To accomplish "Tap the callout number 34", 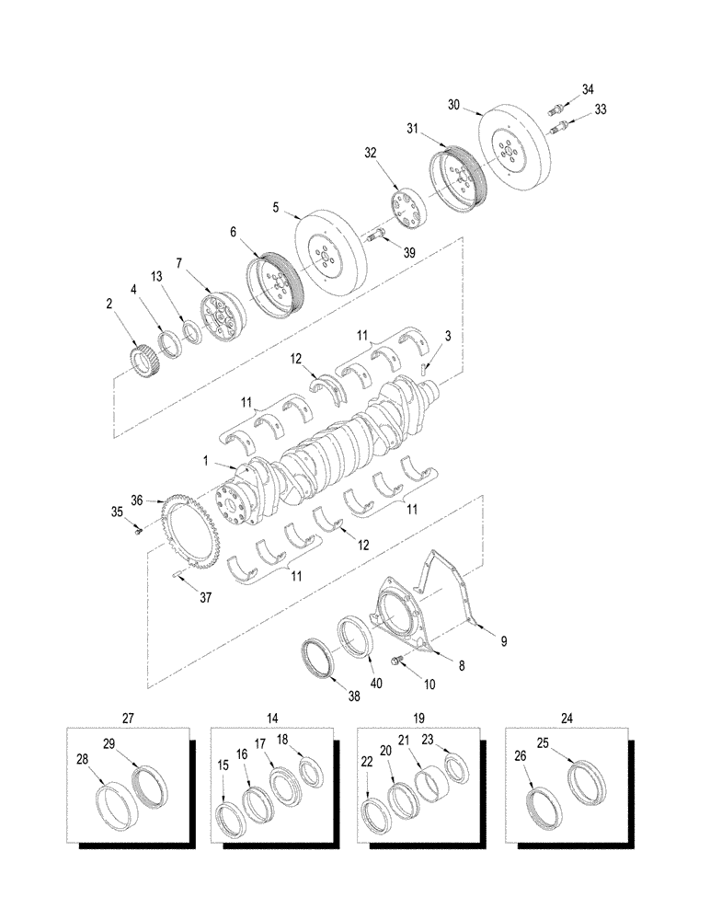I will [589, 89].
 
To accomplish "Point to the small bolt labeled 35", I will [137, 529].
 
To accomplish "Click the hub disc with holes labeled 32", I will [405, 206].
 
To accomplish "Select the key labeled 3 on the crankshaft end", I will [424, 370].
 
